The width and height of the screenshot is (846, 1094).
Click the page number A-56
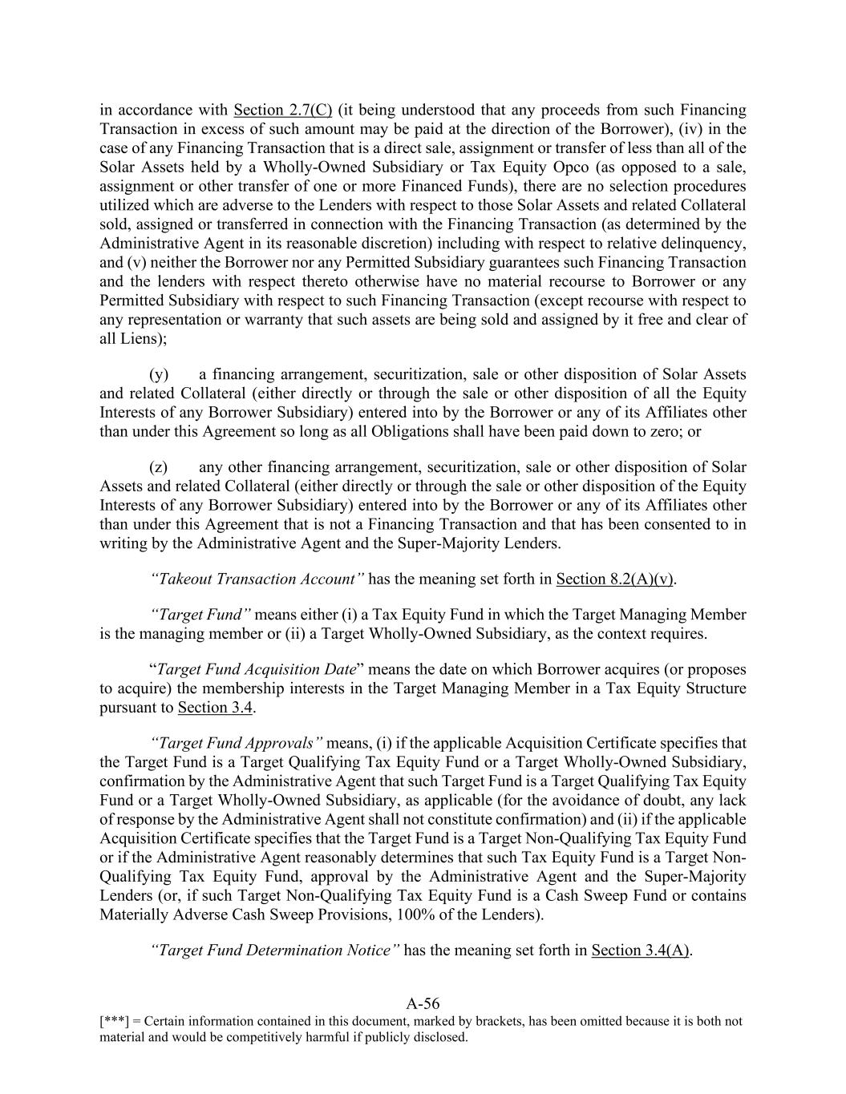423,1003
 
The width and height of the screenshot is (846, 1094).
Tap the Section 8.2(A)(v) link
615,579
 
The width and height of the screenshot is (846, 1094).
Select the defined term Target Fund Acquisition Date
256,669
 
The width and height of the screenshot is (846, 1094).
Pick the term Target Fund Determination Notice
275,950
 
